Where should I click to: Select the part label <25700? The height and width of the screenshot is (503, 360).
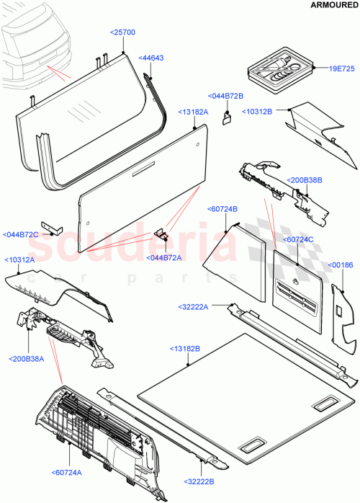tap(122, 33)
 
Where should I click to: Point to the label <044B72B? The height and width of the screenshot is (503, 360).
tap(225, 96)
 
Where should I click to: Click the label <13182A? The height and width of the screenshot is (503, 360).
tap(194, 112)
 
